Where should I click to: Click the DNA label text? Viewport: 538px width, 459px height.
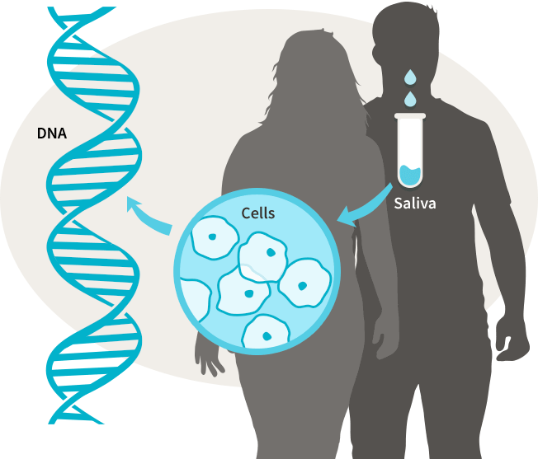click(x=52, y=133)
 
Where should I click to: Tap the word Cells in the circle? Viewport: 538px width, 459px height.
click(x=258, y=213)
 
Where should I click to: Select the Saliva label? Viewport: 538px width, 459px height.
click(x=415, y=203)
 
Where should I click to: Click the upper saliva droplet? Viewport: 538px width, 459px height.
click(x=409, y=77)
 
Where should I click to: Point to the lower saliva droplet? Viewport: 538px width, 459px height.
click(x=409, y=99)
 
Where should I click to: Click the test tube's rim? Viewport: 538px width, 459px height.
click(x=410, y=115)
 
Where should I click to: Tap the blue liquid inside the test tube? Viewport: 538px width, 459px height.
click(x=410, y=175)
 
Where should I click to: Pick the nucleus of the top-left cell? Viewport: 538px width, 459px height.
click(x=212, y=237)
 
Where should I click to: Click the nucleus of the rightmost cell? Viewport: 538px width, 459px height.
click(x=302, y=286)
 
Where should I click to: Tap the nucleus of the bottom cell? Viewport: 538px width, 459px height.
click(x=267, y=336)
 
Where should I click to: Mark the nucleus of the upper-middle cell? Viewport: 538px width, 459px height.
click(x=271, y=252)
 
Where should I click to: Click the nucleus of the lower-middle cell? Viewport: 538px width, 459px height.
click(x=248, y=293)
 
